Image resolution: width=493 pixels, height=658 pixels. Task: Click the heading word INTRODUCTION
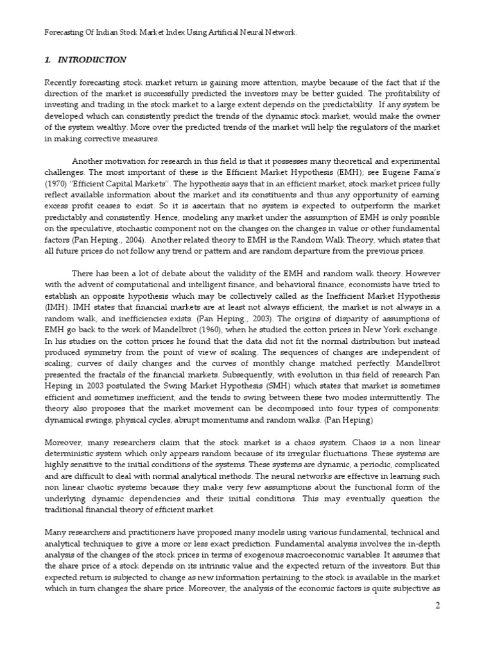(x=92, y=60)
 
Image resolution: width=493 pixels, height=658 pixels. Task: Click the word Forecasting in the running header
(x=65, y=31)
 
